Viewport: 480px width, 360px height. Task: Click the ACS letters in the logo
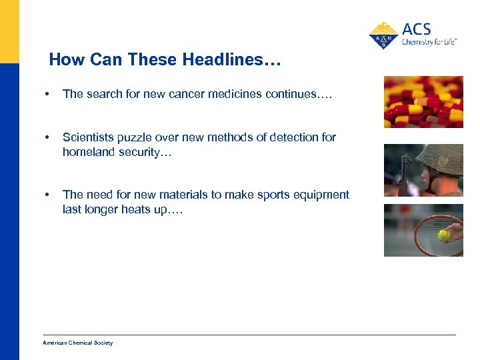pos(417,29)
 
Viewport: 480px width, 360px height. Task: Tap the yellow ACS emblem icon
pos(383,35)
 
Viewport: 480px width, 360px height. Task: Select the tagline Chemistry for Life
pos(429,42)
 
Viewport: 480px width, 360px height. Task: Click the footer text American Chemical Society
pos(78,343)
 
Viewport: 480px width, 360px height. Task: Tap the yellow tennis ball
pos(444,235)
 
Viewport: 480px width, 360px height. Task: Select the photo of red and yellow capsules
pos(423,101)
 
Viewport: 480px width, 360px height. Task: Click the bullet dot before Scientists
pos(46,138)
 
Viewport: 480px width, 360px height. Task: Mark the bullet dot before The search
pos(46,95)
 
